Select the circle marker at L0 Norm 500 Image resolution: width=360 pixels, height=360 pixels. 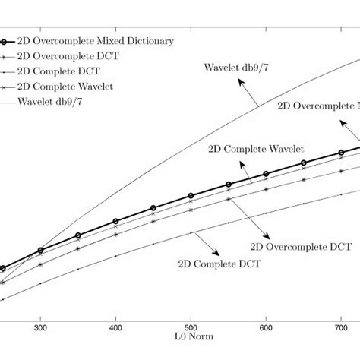coord(191,195)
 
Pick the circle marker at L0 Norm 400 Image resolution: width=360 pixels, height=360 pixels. coord(115,222)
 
